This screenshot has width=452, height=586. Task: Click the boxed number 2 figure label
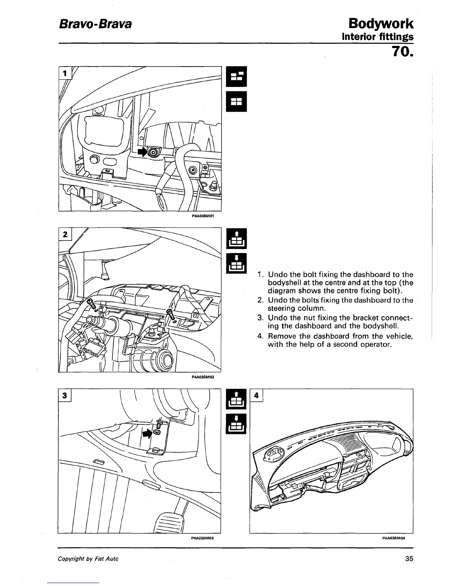65,234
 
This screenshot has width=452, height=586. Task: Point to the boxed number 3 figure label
65,395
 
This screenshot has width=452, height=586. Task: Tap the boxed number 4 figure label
257,395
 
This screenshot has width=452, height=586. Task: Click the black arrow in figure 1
142,151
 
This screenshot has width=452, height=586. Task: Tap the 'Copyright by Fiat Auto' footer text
88,559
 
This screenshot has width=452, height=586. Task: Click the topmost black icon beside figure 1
236,77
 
